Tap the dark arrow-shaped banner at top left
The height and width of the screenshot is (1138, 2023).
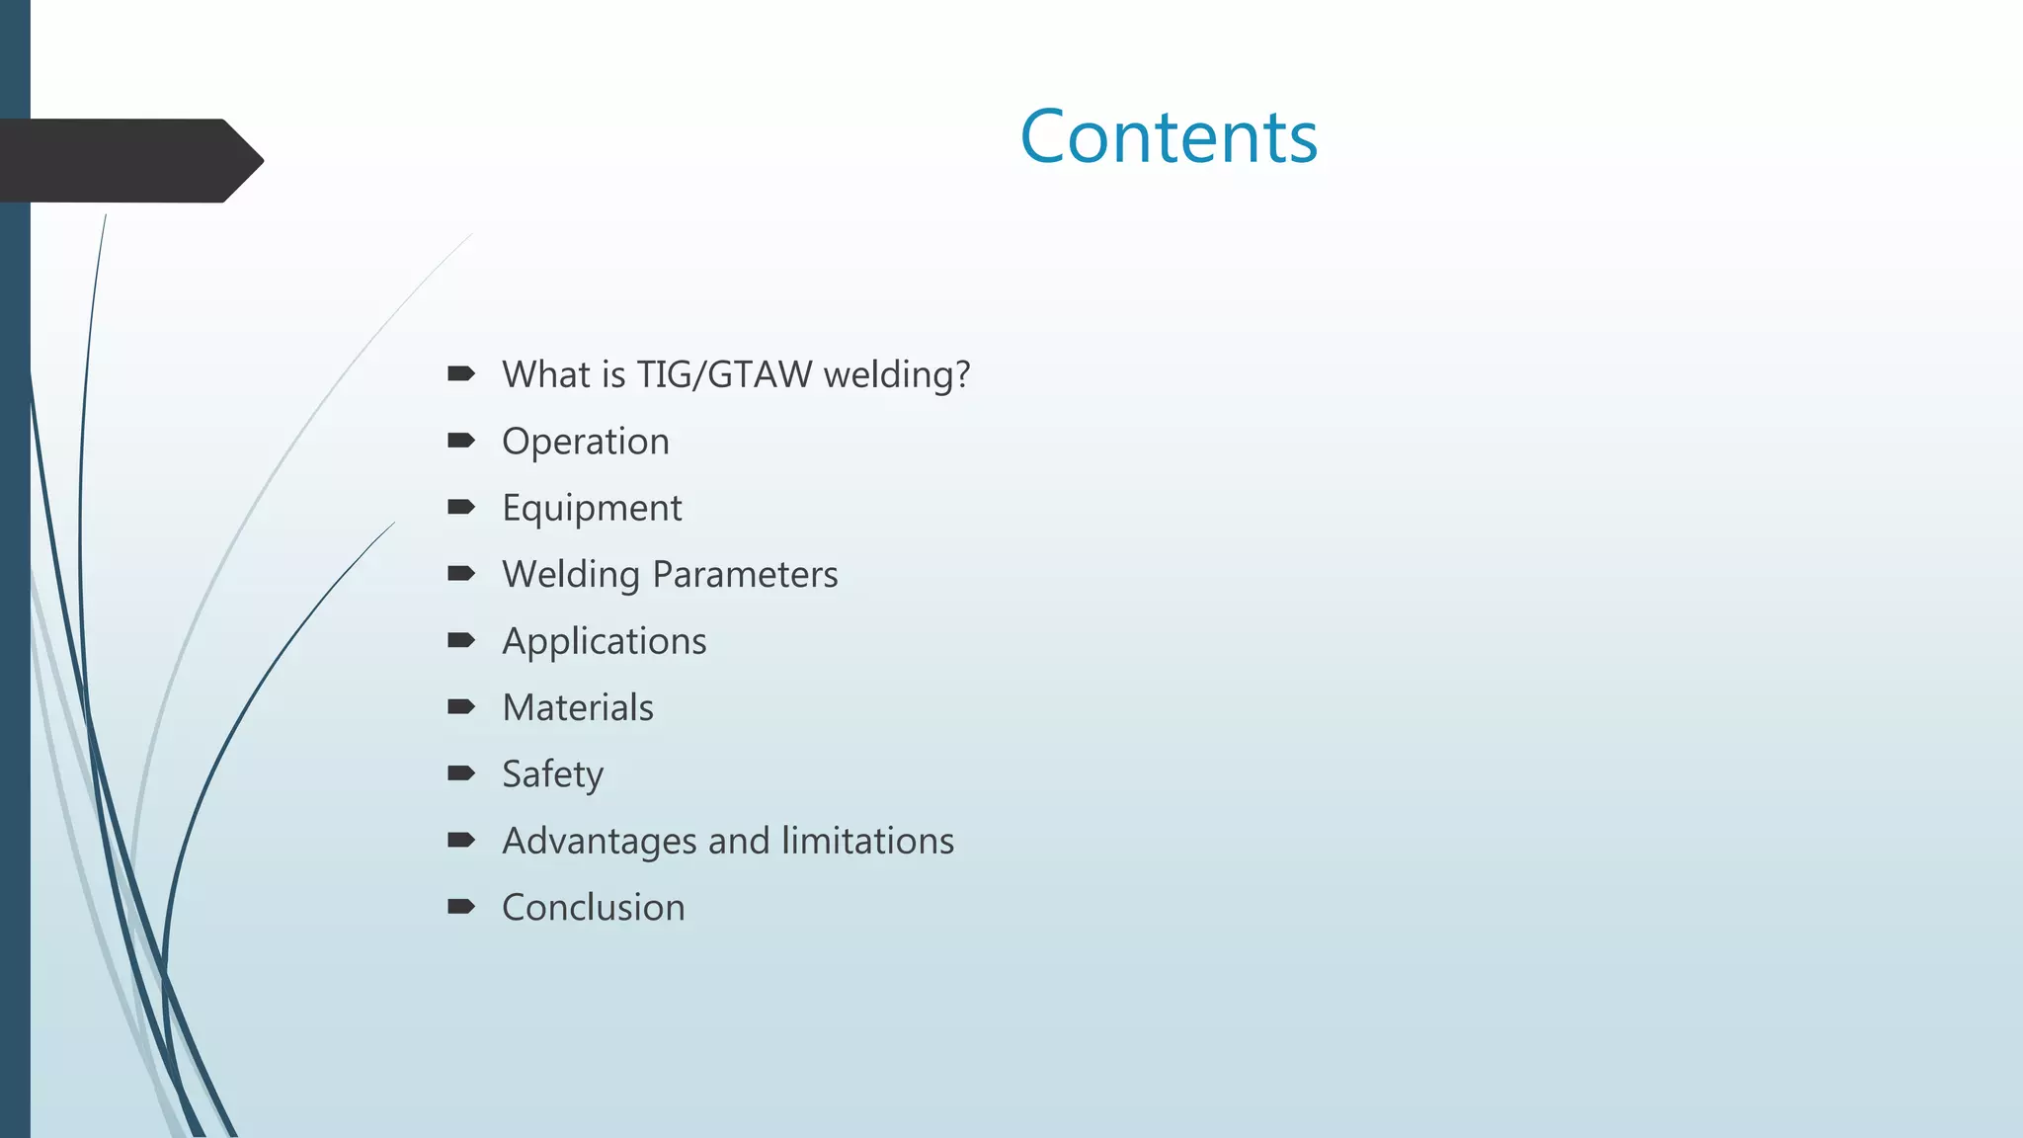pyautogui.click(x=128, y=161)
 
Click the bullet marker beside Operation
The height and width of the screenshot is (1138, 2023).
pyautogui.click(x=460, y=441)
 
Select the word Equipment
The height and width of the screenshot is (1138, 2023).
pyautogui.click(x=592, y=508)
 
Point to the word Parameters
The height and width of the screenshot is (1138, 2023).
pyautogui.click(x=745, y=575)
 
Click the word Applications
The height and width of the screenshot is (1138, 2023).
pyautogui.click(x=604, y=642)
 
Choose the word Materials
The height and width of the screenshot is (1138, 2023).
pyautogui.click(x=578, y=708)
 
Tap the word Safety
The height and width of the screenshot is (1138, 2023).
pyautogui.click(x=552, y=774)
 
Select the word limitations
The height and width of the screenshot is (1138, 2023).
pyautogui.click(x=867, y=841)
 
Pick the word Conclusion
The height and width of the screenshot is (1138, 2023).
pyautogui.click(x=593, y=908)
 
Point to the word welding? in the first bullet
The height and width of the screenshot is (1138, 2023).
pyautogui.click(x=897, y=375)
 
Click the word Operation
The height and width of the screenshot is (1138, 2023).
pyautogui.click(x=585, y=442)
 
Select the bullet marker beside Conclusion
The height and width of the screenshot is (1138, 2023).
pyautogui.click(x=460, y=907)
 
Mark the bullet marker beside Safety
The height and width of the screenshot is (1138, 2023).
pyautogui.click(x=460, y=773)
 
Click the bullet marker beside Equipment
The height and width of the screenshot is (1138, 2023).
pyautogui.click(x=460, y=507)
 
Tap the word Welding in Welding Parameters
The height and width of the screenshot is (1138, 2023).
pyautogui.click(x=571, y=575)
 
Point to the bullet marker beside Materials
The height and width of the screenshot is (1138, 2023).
pyautogui.click(x=460, y=706)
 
